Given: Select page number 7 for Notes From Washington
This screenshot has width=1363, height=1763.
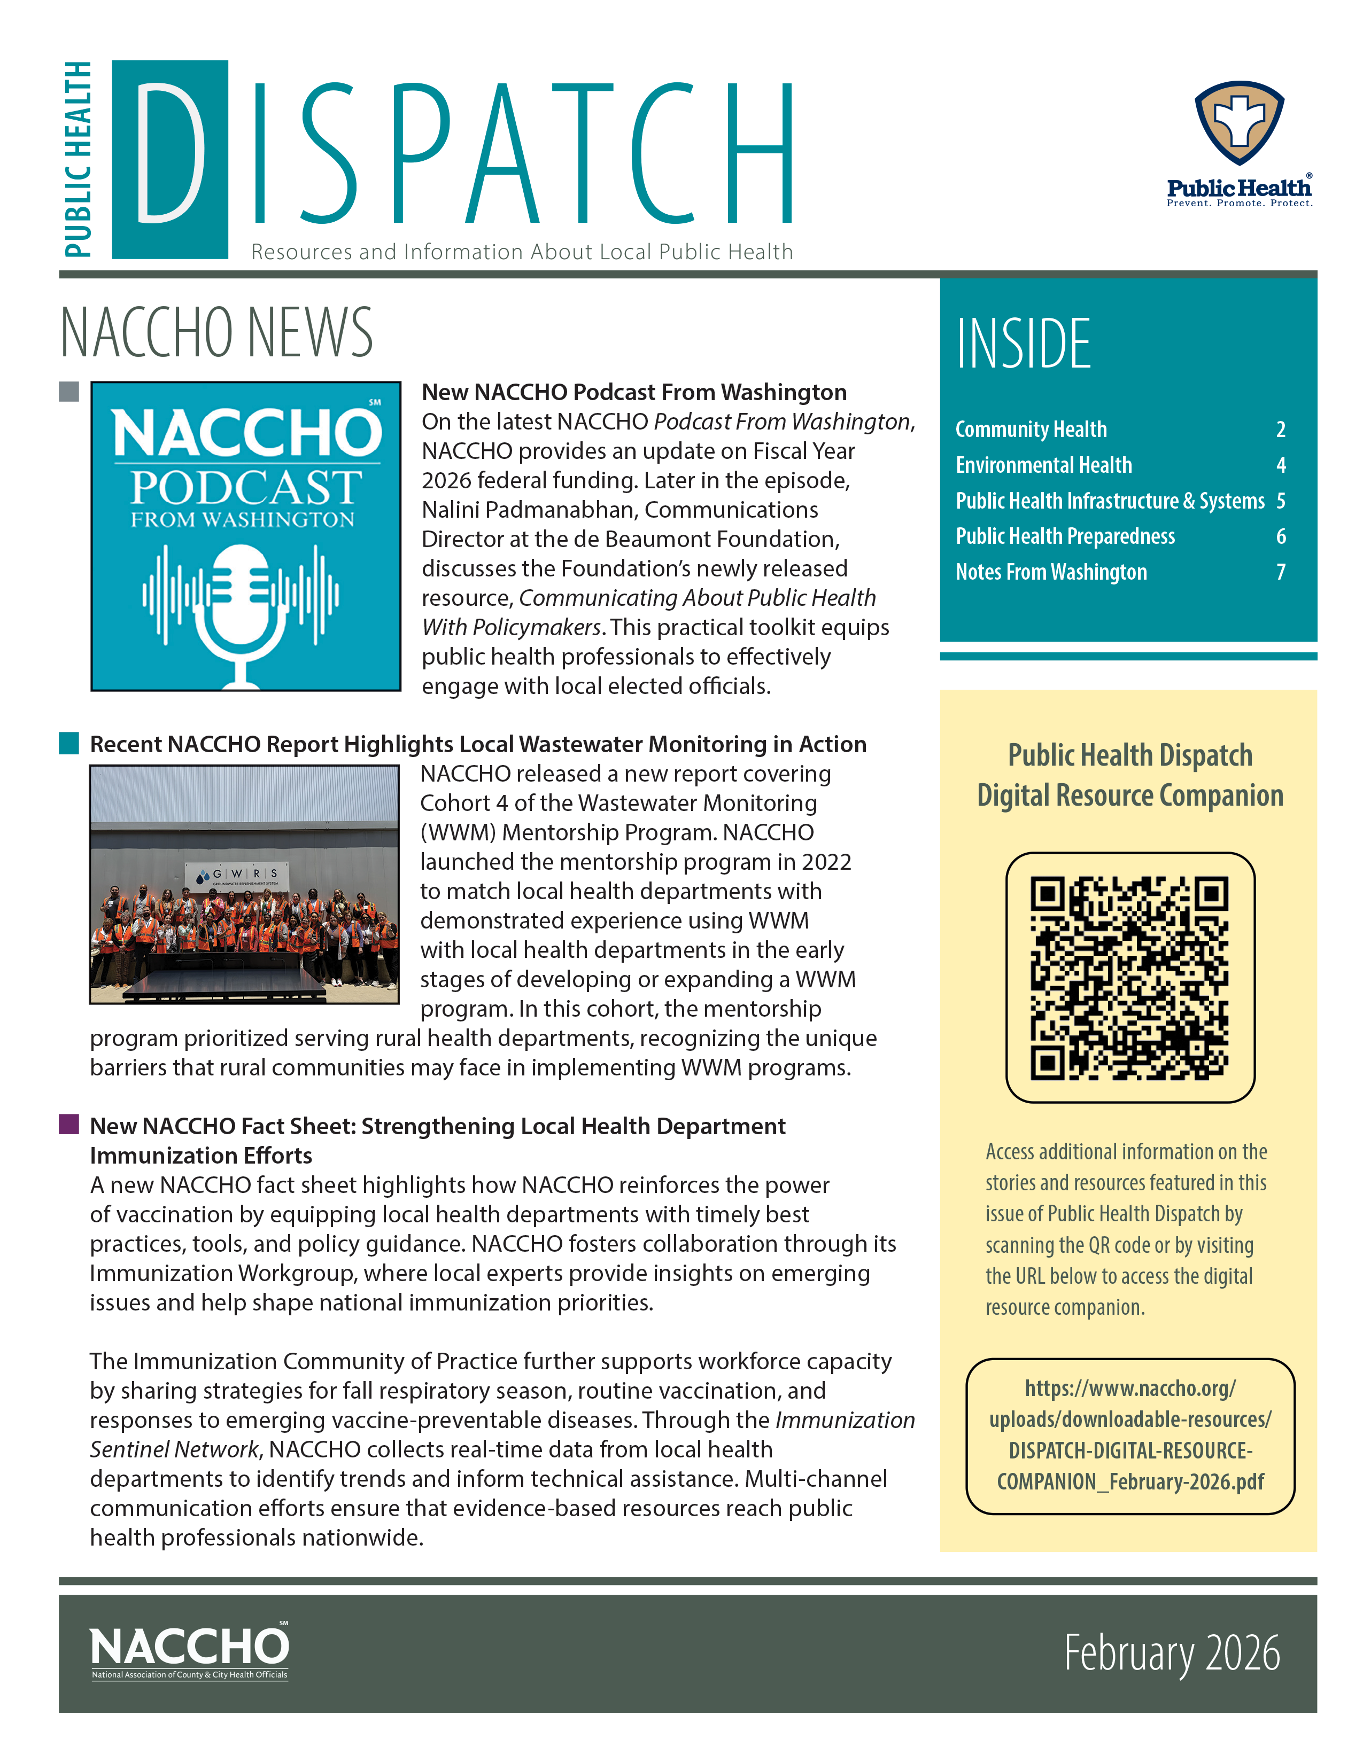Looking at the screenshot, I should (1281, 572).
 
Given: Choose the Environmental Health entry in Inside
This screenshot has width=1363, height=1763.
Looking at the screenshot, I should (1043, 465).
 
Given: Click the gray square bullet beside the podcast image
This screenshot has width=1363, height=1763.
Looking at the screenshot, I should (68, 392).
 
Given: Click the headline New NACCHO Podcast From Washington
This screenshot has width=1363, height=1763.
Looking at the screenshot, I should (634, 392).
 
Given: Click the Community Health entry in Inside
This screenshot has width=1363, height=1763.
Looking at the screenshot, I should (1031, 430).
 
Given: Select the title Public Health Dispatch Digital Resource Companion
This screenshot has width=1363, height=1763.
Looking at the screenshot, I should (1129, 775).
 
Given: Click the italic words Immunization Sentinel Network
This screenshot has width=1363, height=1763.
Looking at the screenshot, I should (501, 1434).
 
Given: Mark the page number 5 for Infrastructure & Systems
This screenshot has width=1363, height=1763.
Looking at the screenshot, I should (1281, 501).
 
